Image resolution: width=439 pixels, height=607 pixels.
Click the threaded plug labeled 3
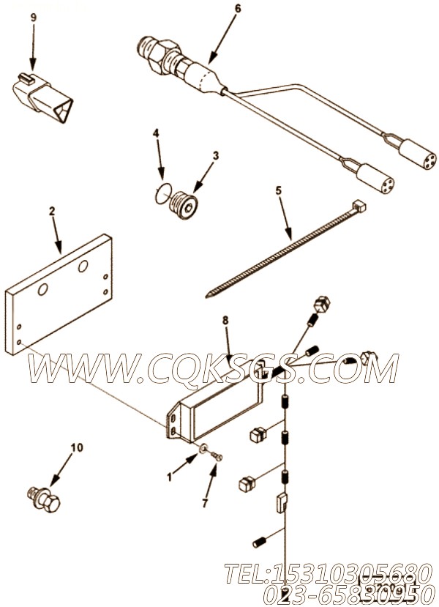[x=186, y=205]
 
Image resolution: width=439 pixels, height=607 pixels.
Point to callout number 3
[x=216, y=155]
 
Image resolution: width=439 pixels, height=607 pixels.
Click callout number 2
[x=52, y=212]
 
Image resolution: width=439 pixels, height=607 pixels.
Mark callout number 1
[x=170, y=476]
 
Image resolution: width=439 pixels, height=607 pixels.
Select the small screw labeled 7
[x=217, y=458]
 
